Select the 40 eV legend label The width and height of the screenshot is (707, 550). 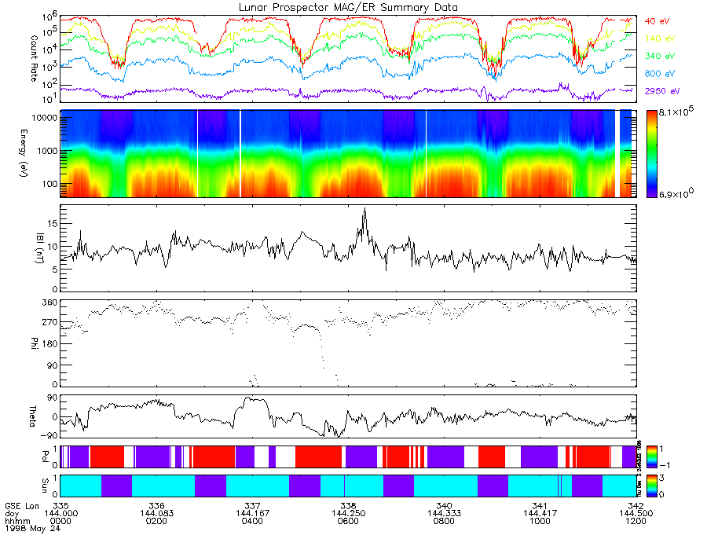pyautogui.click(x=657, y=21)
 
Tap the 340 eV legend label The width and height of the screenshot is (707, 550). pyautogui.click(x=658, y=57)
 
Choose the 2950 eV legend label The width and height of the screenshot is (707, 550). pyautogui.click(x=661, y=92)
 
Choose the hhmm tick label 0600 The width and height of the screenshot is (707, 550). pyautogui.click(x=348, y=521)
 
